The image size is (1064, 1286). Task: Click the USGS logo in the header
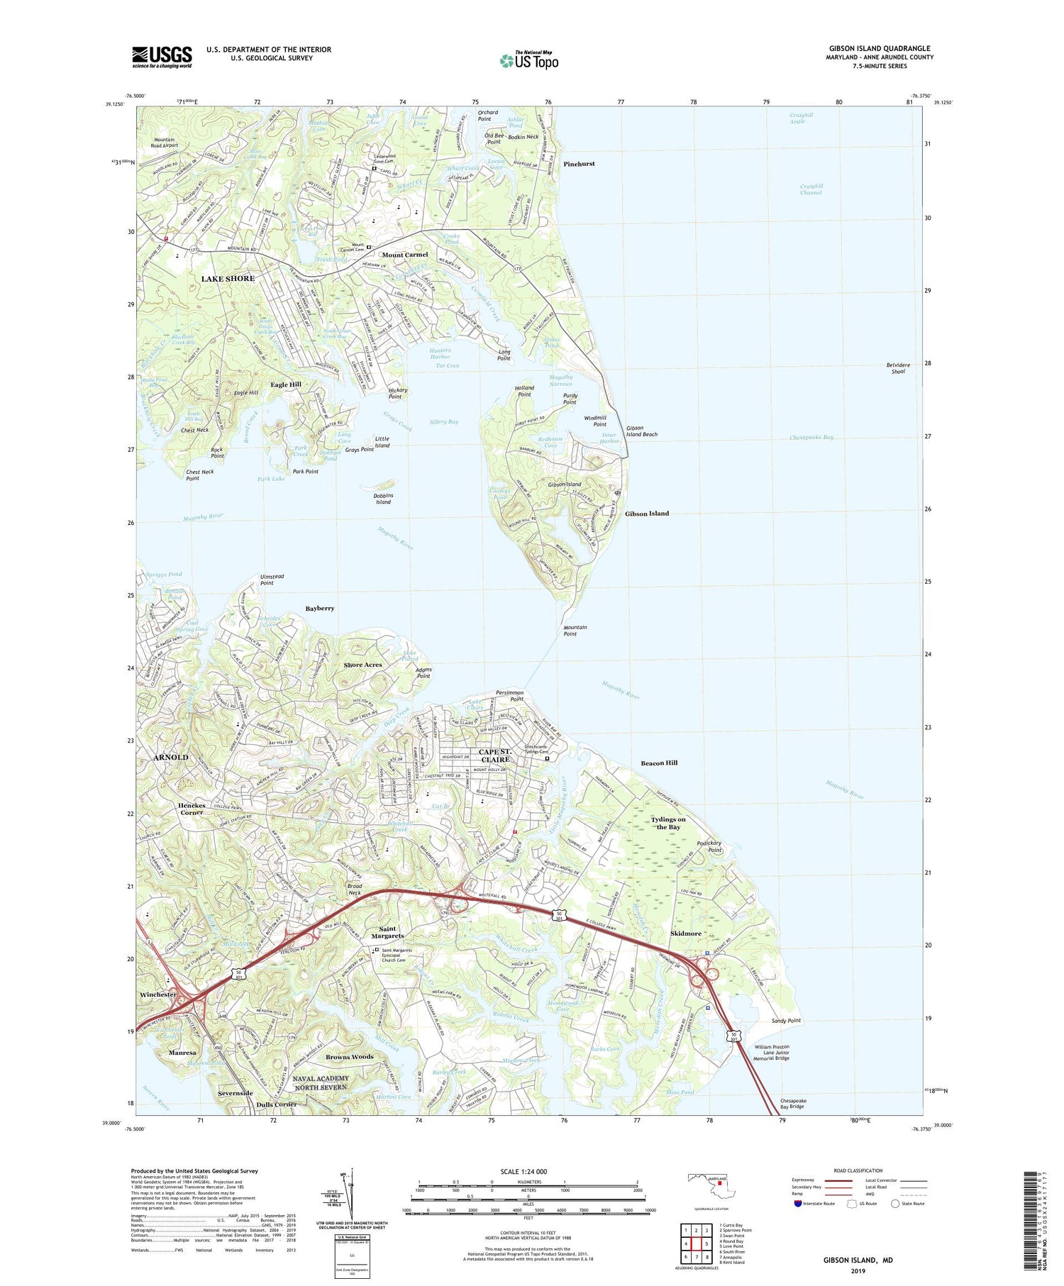click(x=162, y=57)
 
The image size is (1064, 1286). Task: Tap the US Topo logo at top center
click(x=528, y=61)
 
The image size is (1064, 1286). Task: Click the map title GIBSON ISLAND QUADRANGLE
click(x=880, y=48)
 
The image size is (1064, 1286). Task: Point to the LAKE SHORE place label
click(x=228, y=279)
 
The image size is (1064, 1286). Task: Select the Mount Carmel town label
click(x=405, y=255)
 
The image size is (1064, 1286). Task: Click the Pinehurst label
click(x=579, y=164)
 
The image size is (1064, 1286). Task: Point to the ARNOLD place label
click(x=171, y=758)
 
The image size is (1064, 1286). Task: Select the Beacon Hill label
click(x=659, y=763)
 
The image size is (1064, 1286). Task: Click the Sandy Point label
click(x=786, y=1021)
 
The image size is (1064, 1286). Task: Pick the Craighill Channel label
click(x=811, y=189)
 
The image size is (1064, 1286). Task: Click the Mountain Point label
click(x=575, y=631)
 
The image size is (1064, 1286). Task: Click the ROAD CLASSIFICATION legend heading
click(x=858, y=1171)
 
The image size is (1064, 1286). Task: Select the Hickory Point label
click(x=395, y=394)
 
